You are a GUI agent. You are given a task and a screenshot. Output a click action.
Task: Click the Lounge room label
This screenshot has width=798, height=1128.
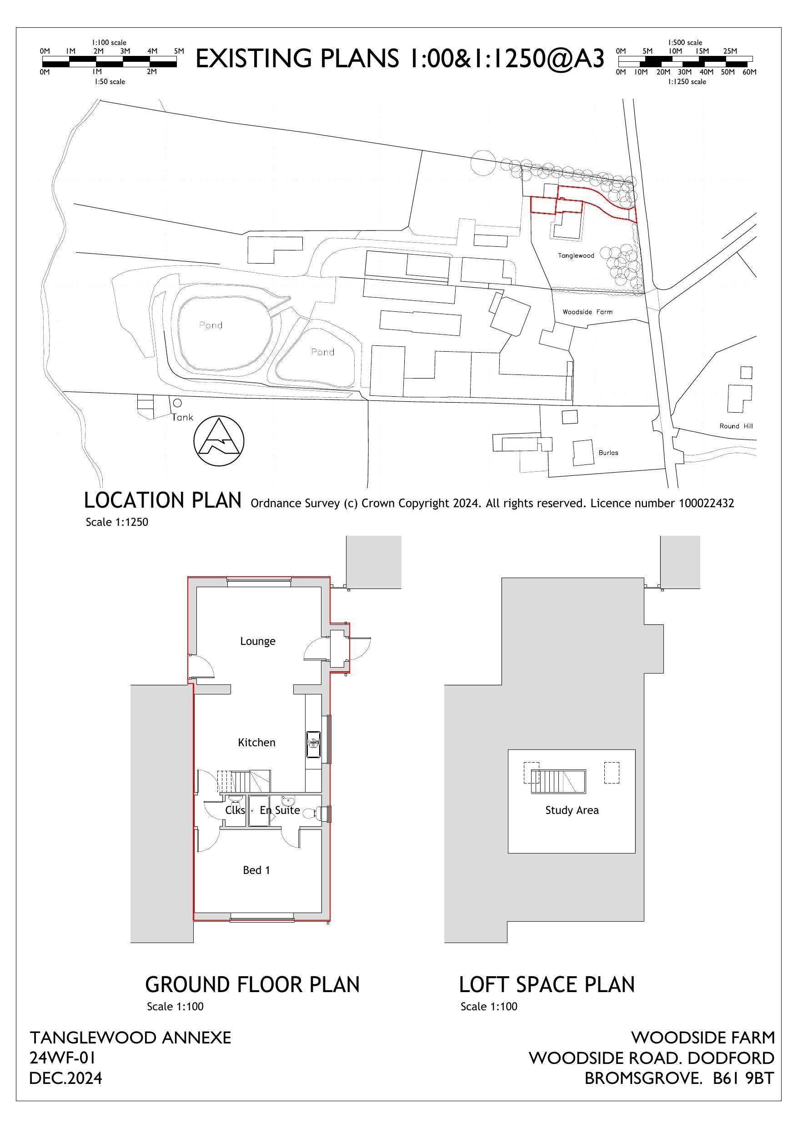pyautogui.click(x=258, y=641)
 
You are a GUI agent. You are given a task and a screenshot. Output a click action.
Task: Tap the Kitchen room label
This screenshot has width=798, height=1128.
pyautogui.click(x=256, y=742)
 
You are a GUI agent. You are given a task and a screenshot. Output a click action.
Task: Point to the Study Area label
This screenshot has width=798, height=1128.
pyautogui.click(x=572, y=810)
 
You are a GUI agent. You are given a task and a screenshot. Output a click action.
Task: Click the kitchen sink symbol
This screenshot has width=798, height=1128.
pyautogui.click(x=313, y=744)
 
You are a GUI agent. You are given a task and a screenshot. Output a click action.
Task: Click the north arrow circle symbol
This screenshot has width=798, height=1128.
pyautogui.click(x=219, y=441)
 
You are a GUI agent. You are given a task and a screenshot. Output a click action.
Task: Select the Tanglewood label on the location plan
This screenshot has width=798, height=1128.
pyautogui.click(x=576, y=255)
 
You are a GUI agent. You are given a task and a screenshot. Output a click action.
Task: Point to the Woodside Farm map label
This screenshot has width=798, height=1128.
pyautogui.click(x=587, y=312)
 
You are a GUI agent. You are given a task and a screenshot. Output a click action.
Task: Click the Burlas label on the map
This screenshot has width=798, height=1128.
pyautogui.click(x=608, y=453)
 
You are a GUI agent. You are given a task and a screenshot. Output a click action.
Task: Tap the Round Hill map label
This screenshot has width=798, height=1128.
pyautogui.click(x=736, y=426)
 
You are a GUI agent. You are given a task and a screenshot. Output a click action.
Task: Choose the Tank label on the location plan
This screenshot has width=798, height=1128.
pyautogui.click(x=182, y=418)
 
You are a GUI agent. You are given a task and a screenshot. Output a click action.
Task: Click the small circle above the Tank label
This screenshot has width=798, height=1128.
pyautogui.click(x=178, y=403)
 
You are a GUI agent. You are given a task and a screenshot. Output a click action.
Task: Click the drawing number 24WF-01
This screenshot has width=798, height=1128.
pyautogui.click(x=62, y=1058)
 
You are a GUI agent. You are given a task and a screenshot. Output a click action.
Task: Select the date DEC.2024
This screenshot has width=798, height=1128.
pyautogui.click(x=66, y=1078)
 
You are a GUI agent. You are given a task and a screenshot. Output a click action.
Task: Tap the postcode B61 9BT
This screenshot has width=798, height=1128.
pyautogui.click(x=743, y=1078)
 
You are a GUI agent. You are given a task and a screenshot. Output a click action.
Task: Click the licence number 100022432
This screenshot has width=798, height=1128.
pyautogui.click(x=706, y=503)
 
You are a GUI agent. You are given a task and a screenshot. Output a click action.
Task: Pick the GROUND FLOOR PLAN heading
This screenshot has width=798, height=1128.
pyautogui.click(x=253, y=985)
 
